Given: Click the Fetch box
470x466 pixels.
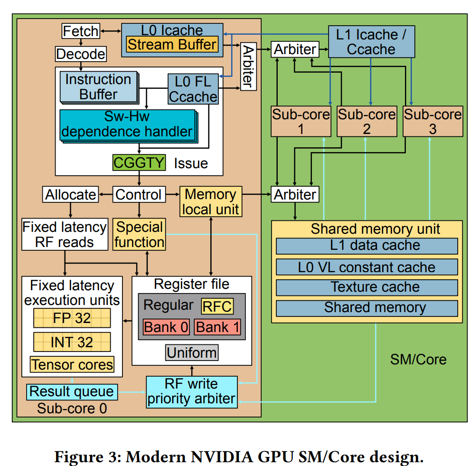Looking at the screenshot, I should pyautogui.click(x=81, y=31).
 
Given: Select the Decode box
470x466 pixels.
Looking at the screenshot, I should pyautogui.click(x=80, y=54).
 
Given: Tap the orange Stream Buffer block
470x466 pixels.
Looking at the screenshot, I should pyautogui.click(x=172, y=45).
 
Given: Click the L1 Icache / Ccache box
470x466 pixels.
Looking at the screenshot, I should pyautogui.click(x=371, y=42).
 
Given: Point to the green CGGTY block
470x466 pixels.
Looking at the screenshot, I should pyautogui.click(x=139, y=163).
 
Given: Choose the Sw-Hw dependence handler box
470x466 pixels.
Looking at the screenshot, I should pyautogui.click(x=127, y=124).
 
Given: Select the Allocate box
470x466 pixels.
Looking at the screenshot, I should pyautogui.click(x=70, y=194).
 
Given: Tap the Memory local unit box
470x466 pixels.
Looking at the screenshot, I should pyautogui.click(x=210, y=201).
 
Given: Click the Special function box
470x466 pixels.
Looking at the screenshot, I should pyautogui.click(x=139, y=234).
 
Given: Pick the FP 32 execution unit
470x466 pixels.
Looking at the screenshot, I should pyautogui.click(x=72, y=318).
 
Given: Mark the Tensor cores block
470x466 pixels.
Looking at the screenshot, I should pyautogui.click(x=72, y=364).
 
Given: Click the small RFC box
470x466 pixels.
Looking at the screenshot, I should pyautogui.click(x=217, y=306).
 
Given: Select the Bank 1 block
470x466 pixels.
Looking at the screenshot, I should pyautogui.click(x=218, y=327).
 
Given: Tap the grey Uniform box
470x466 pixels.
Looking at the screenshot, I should pyautogui.click(x=192, y=352).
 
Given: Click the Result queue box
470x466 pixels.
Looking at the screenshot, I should pyautogui.click(x=71, y=391).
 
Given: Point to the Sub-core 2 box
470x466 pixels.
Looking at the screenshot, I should pyautogui.click(x=366, y=122).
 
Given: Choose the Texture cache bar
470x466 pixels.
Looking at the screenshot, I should pyautogui.click(x=367, y=287).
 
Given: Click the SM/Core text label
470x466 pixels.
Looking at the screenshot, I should pyautogui.click(x=418, y=359).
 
